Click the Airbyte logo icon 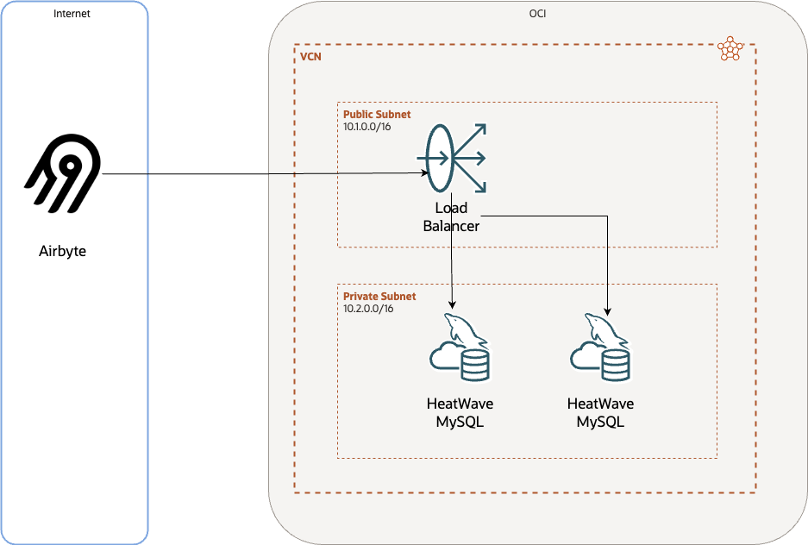point(63,174)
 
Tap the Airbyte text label point(63,252)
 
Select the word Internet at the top point(72,14)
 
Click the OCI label point(537,14)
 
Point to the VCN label point(310,58)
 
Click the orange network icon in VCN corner point(730,49)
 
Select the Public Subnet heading point(377,114)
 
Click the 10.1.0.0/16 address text point(368,126)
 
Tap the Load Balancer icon point(452,159)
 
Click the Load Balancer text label point(451,217)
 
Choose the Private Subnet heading point(379,296)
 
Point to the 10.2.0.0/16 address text point(368,308)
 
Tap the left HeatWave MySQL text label point(460,412)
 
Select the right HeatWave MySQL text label point(600,412)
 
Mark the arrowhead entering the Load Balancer point(425,173)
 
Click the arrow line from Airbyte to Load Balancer point(259,174)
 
